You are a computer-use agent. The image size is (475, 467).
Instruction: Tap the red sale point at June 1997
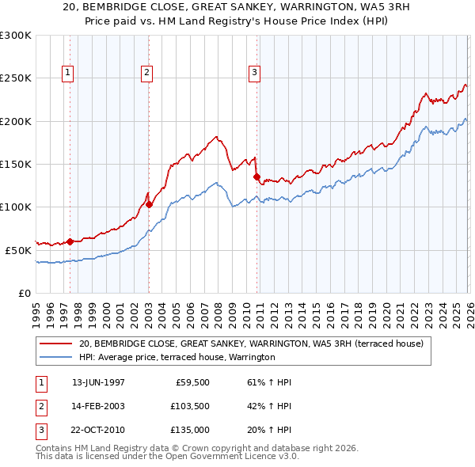click(70, 241)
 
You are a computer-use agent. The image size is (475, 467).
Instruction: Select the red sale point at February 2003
click(149, 204)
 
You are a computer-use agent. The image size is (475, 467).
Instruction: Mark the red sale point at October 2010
click(256, 177)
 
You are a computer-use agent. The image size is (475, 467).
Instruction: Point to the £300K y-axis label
click(16, 36)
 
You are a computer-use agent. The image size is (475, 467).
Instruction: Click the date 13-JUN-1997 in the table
click(98, 382)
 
